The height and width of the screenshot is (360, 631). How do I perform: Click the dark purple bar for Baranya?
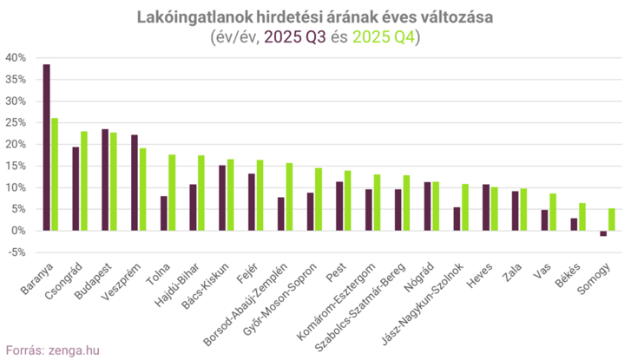pyautogui.click(x=47, y=147)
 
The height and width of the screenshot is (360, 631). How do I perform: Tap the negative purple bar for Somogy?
pyautogui.click(x=603, y=233)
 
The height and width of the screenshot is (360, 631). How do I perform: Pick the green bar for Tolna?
pyautogui.click(x=172, y=193)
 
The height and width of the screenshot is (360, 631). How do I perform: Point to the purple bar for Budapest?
pyautogui.click(x=105, y=180)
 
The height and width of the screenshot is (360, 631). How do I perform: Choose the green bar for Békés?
pyautogui.click(x=582, y=217)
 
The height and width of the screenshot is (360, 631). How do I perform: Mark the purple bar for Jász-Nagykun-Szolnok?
pyautogui.click(x=457, y=219)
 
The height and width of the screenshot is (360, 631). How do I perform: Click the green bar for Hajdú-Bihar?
pyautogui.click(x=201, y=193)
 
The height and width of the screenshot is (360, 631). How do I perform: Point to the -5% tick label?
pyautogui.click(x=16, y=252)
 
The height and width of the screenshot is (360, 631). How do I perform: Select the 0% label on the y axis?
pyautogui.click(x=19, y=231)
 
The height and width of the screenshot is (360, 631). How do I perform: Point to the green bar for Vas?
pyautogui.click(x=553, y=212)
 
